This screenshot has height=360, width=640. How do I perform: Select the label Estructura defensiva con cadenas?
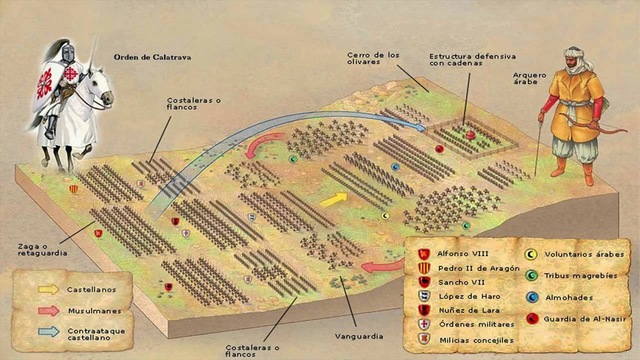pos(463,61)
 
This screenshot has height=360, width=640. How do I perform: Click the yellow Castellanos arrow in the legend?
pos(48,287)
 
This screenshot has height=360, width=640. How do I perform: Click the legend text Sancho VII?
pos(460,283)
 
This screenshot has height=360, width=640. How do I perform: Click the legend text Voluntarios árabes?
pos(581,254)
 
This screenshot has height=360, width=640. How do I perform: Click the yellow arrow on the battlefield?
pos(334,197)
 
